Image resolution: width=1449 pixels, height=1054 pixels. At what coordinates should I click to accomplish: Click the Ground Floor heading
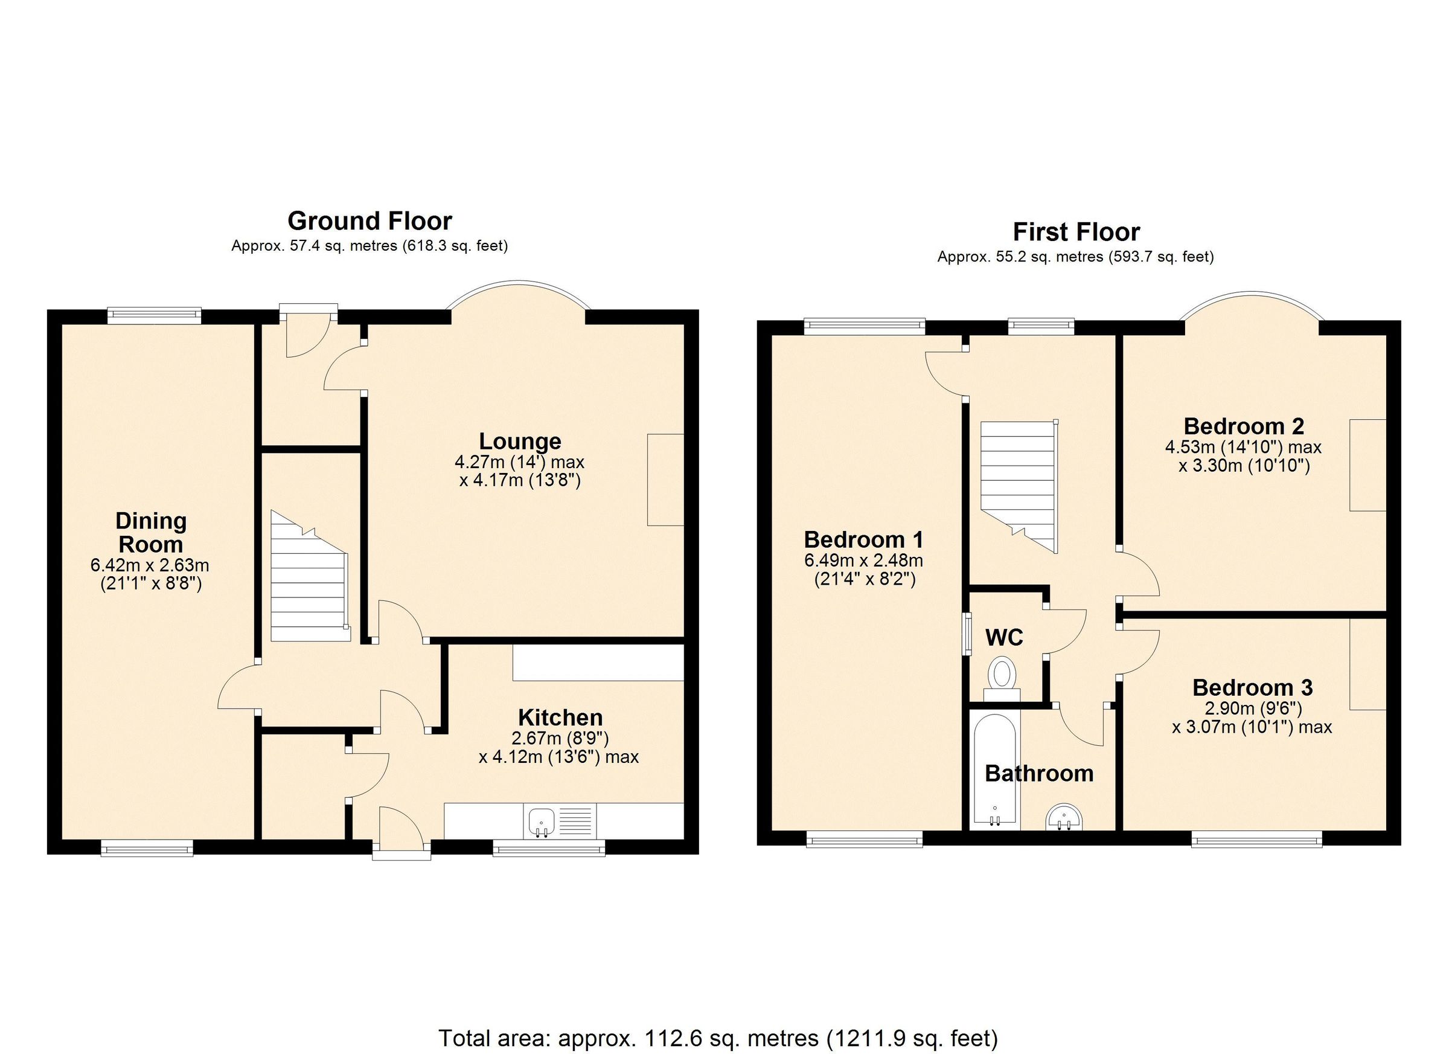[369, 221]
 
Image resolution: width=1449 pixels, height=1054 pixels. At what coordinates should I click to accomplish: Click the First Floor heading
[1076, 232]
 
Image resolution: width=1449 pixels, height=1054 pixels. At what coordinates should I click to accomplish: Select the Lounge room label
[520, 441]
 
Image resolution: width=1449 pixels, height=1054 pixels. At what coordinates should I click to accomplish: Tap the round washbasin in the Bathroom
[1064, 819]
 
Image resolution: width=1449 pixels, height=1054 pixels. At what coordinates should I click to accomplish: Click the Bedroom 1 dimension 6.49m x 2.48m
[863, 561]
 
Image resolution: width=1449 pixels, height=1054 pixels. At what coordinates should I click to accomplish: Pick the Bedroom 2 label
[1243, 426]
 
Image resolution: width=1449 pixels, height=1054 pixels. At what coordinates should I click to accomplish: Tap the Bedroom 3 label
[1252, 688]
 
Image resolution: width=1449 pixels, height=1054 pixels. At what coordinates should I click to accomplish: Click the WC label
[1003, 637]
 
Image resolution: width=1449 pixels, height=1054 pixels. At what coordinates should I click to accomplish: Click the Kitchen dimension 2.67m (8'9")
[560, 738]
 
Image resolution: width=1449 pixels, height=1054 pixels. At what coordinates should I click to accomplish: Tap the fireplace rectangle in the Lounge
[665, 480]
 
